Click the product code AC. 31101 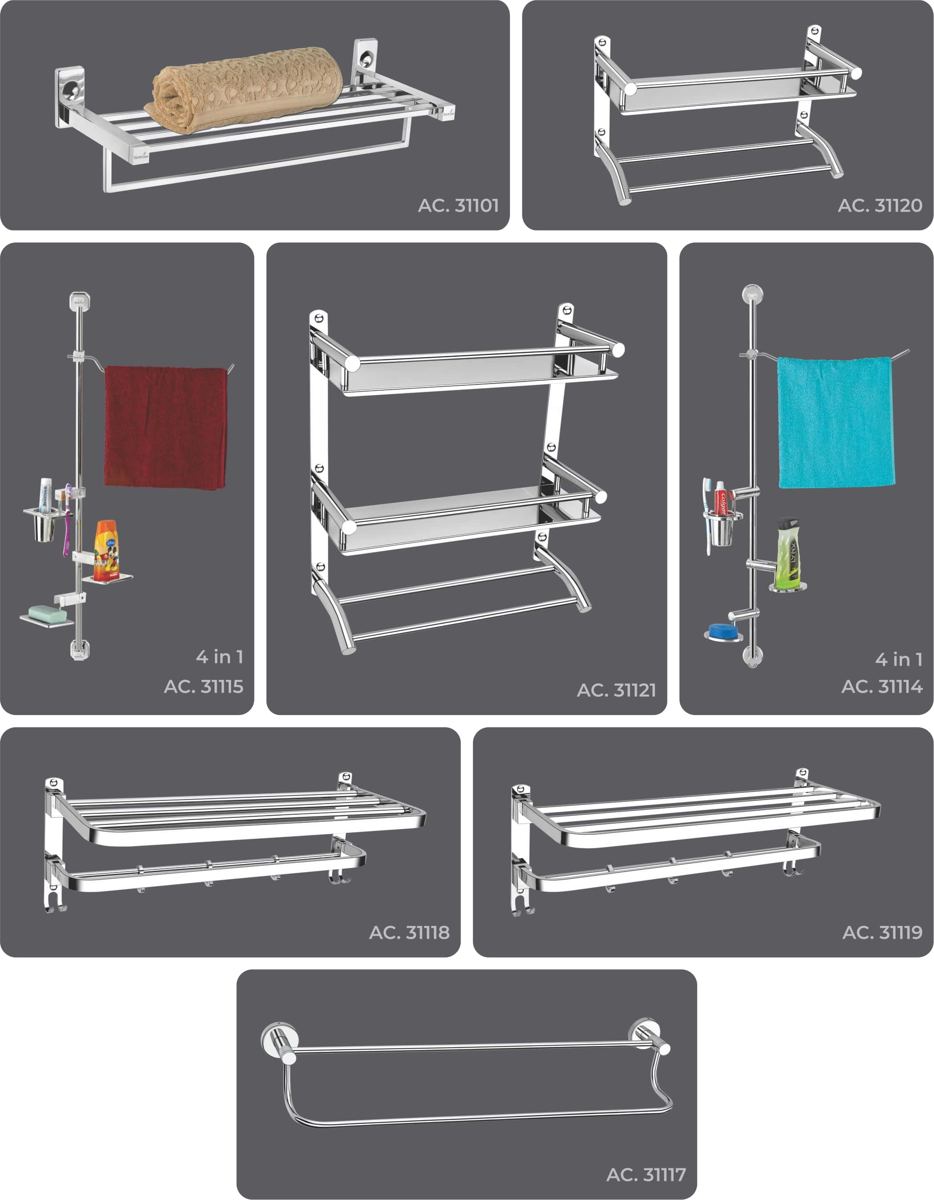point(458,206)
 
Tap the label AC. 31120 point(880,206)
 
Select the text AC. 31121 point(616,690)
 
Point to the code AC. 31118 point(409,933)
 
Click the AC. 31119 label point(882,933)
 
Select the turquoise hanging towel point(836,422)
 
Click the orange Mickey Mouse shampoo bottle point(107,551)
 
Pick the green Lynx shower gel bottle point(788,552)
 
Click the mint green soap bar point(47,613)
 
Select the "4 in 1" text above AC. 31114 point(899,659)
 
